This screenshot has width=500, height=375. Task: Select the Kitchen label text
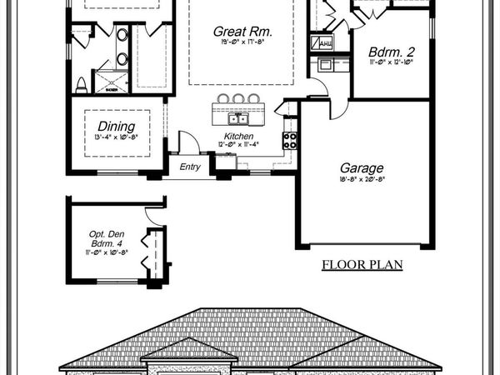[x=237, y=137]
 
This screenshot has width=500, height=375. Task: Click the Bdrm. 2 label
[x=392, y=52]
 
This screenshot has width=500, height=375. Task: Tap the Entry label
[x=191, y=167]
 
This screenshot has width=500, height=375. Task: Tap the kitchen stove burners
[x=291, y=141]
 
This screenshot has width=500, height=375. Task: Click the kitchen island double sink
[x=238, y=118]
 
